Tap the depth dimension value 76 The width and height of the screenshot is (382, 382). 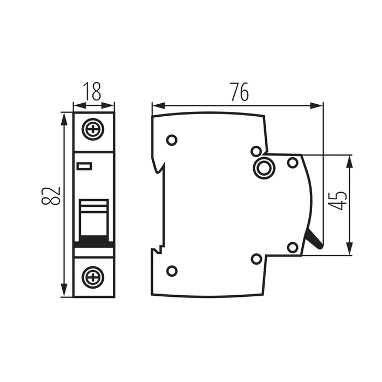(x=238, y=92)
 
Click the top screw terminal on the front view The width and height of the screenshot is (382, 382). (x=94, y=130)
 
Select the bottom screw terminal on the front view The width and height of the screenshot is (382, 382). (x=94, y=277)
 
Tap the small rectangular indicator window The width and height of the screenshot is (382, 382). (x=85, y=166)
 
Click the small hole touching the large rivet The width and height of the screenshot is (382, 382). (x=255, y=151)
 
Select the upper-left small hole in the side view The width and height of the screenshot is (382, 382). (x=171, y=140)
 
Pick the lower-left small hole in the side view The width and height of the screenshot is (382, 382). (x=171, y=270)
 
